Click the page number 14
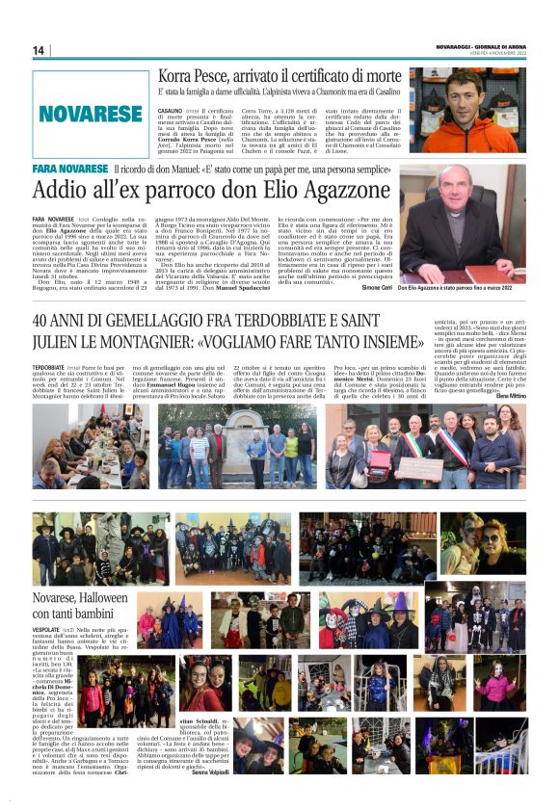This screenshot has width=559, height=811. click(39, 50)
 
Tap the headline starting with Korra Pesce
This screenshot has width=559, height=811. click(280, 75)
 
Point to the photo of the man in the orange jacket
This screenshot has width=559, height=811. click(466, 109)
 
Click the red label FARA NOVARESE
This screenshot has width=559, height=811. click(69, 169)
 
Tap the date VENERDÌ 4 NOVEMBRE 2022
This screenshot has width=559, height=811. click(491, 54)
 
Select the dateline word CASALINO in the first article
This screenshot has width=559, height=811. click(170, 111)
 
